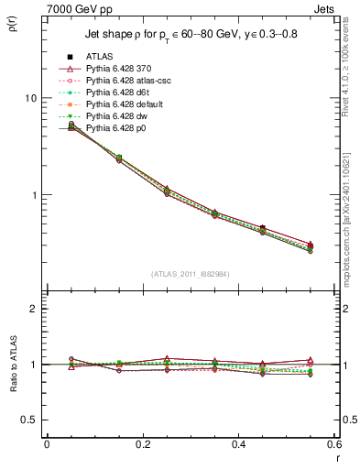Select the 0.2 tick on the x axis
(x=142, y=445)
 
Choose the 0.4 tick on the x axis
(x=237, y=445)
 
